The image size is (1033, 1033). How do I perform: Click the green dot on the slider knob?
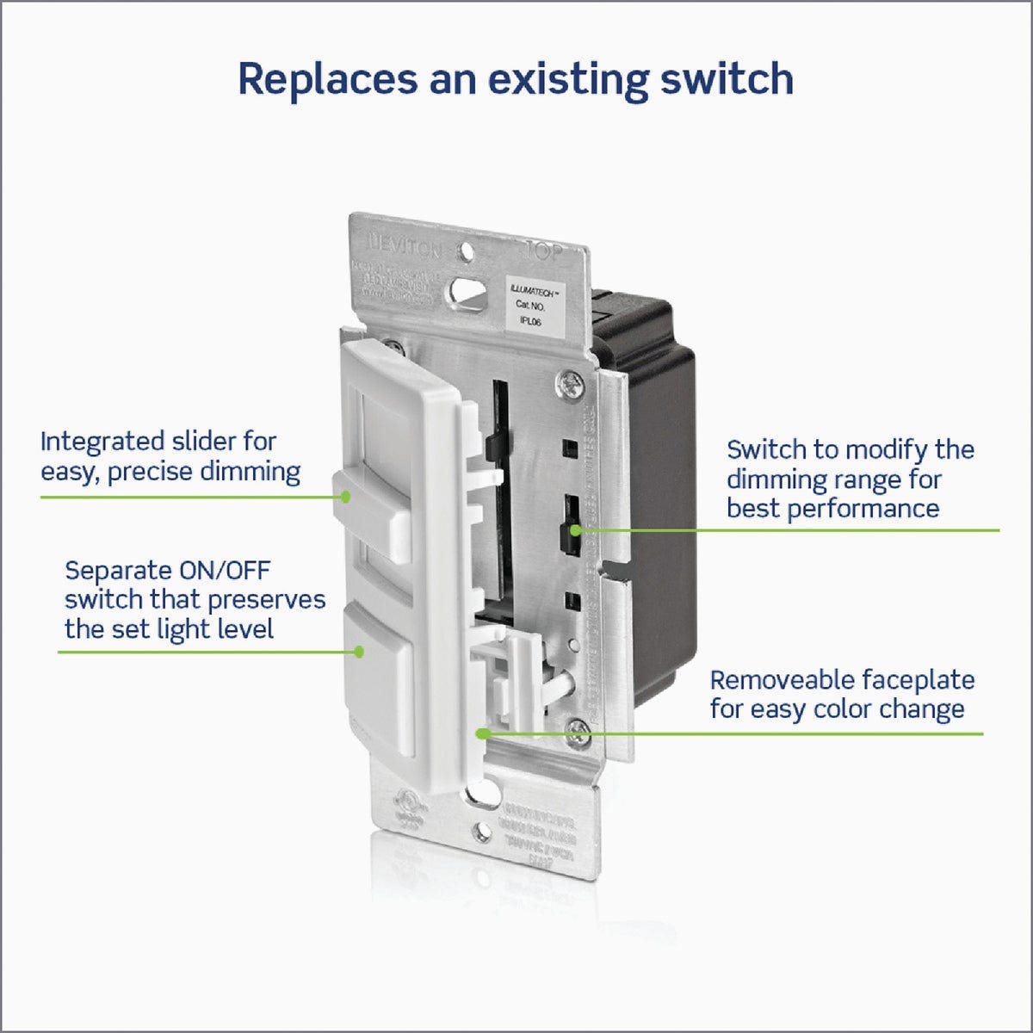point(346,497)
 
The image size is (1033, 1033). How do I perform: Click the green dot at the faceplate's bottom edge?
point(482,733)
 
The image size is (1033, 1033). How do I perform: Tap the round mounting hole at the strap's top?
point(466,253)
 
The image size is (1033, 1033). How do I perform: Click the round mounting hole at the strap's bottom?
point(479,832)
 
